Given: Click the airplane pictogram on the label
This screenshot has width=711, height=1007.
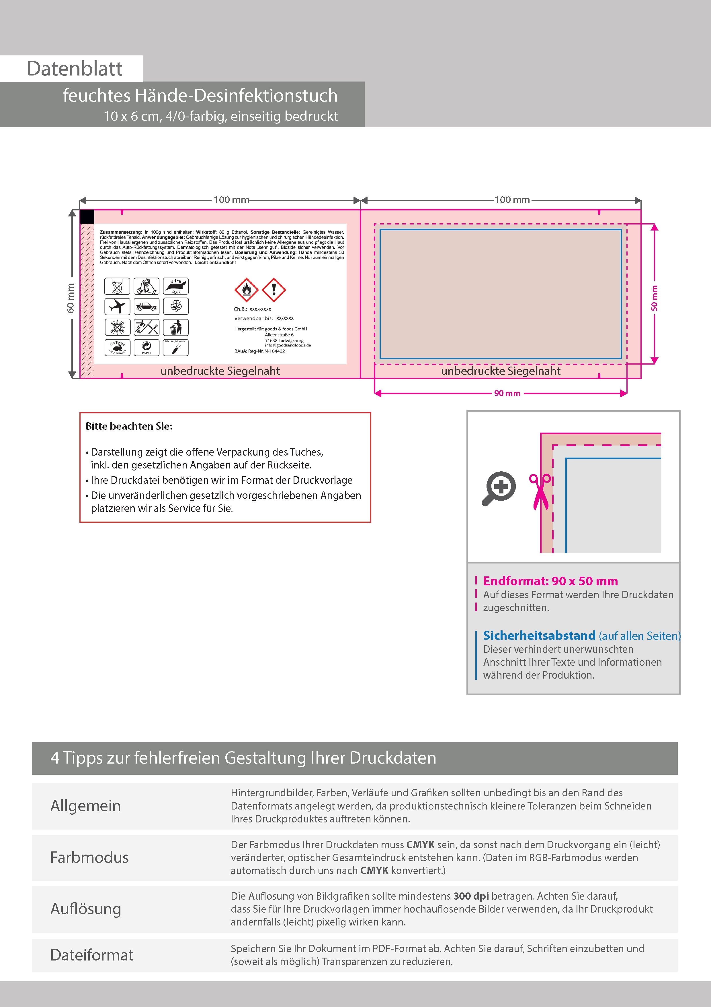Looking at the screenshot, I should pos(117,306).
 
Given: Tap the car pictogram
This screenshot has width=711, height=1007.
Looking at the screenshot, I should pos(146,306).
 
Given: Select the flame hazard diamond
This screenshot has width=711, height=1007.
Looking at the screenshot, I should pos(247,289).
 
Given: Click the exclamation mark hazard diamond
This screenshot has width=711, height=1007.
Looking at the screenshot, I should pos(274,289).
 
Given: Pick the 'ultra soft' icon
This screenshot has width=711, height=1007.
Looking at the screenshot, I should pos(176,286).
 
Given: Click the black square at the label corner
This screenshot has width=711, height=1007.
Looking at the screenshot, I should pos(87,217).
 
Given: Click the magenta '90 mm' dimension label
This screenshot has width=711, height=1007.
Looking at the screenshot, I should pos(507,394).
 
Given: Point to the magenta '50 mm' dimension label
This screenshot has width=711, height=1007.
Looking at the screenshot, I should pos(655,298).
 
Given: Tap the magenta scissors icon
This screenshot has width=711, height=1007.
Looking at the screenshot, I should pos(541,491).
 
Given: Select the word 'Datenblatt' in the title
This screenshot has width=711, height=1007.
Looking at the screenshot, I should pos(75,69).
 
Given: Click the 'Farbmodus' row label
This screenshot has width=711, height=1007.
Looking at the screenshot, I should pos(90,857).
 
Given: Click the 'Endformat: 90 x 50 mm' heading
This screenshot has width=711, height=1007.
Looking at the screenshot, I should pos(550,581).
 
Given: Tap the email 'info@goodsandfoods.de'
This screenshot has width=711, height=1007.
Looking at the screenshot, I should pos(288,345).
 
